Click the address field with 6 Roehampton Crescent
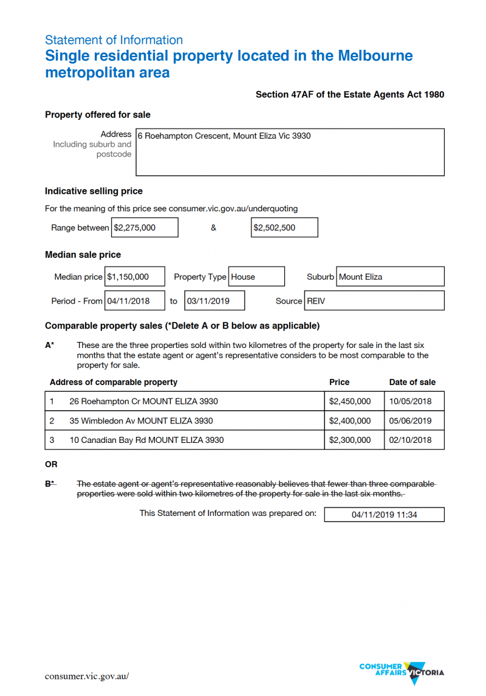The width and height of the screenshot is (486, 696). coord(290,151)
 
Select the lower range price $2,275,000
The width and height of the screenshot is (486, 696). coord(145,228)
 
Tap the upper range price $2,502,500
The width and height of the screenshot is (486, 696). coord(284,228)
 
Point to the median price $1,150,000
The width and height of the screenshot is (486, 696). coord(135,276)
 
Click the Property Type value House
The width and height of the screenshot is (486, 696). coord(256,276)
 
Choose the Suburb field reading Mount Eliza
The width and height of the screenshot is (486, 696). coord(390,276)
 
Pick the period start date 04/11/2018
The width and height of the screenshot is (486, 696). coord(135,301)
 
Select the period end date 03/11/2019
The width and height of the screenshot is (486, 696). coord(214,301)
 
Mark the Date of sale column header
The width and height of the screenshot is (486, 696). coord(412,382)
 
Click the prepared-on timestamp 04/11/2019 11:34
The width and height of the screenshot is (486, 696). coord(384,515)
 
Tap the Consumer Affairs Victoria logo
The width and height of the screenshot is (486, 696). coord(402,672)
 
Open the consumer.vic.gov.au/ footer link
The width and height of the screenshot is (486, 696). coord(87,676)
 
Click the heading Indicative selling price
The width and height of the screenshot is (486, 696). coord(94,191)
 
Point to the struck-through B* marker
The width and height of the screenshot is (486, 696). coord(50,484)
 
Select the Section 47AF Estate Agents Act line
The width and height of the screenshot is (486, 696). coord(350,94)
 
